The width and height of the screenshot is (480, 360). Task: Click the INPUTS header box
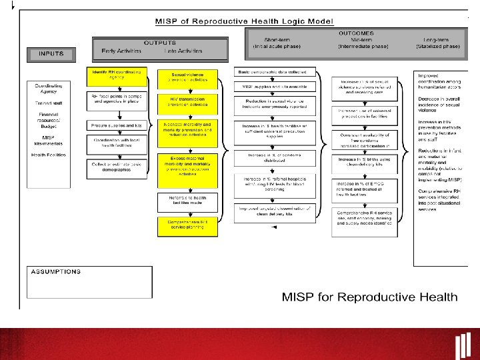pyautogui.click(x=51, y=53)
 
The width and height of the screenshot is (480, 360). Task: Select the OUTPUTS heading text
pyautogui.click(x=159, y=43)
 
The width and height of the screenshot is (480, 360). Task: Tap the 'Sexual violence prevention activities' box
pyautogui.click(x=187, y=79)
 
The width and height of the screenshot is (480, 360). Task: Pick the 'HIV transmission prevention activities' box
pyautogui.click(x=187, y=101)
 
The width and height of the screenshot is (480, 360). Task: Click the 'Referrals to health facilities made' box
pyautogui.click(x=187, y=200)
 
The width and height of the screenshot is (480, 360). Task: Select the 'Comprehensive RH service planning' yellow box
pyautogui.click(x=187, y=225)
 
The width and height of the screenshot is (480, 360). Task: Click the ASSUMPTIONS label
pyautogui.click(x=55, y=272)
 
